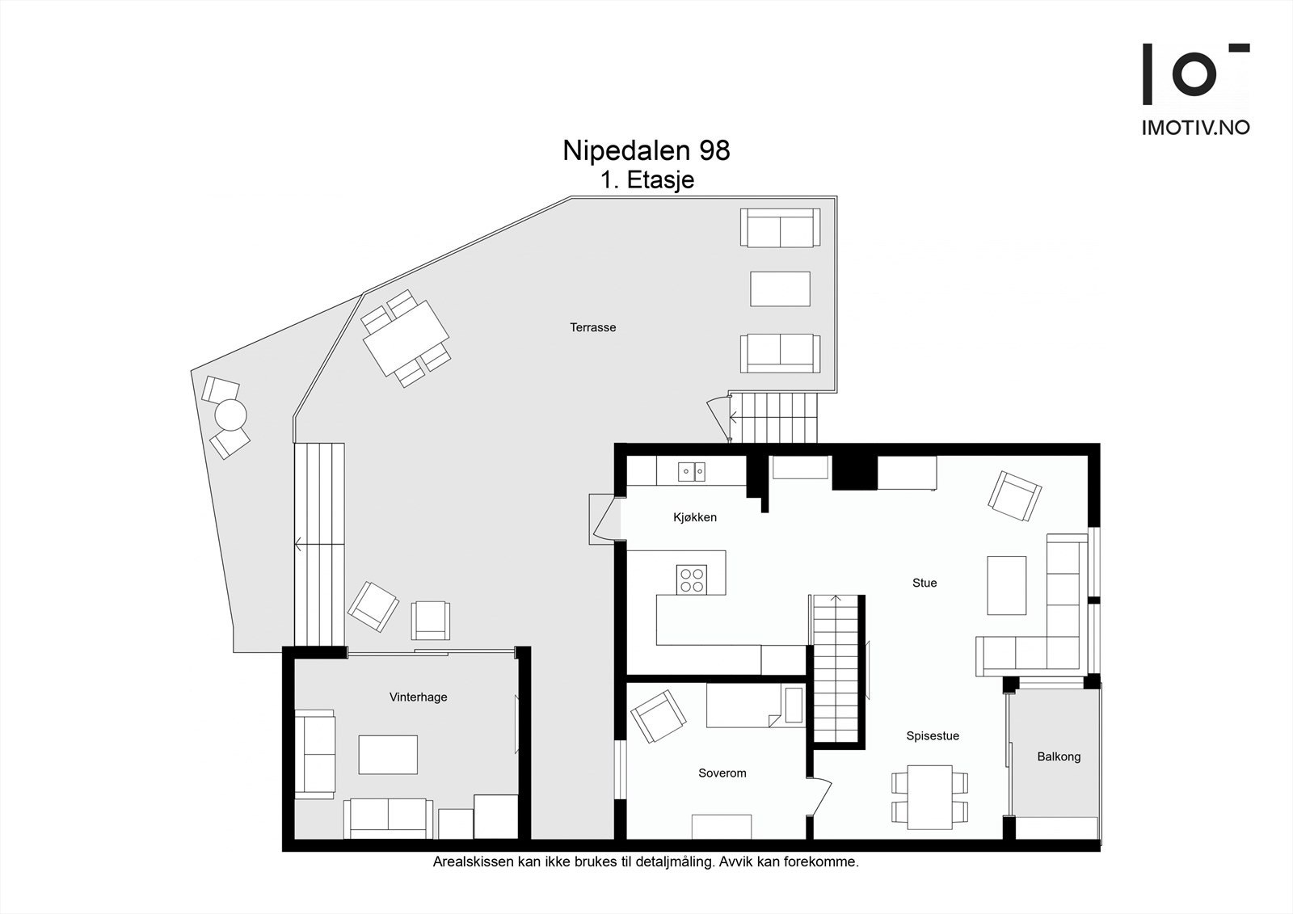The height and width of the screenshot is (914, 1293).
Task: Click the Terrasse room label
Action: click(x=592, y=327)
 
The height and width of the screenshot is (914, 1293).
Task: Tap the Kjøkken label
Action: click(x=694, y=517)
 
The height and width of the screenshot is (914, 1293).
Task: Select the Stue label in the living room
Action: click(x=924, y=583)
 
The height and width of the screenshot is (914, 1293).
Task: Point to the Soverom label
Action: click(x=722, y=773)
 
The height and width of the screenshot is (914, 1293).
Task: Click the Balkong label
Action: click(x=1058, y=757)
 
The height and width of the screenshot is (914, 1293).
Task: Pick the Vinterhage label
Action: click(x=418, y=697)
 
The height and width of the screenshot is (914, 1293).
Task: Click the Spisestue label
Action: click(x=932, y=736)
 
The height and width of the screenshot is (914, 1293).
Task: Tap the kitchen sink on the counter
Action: click(x=691, y=470)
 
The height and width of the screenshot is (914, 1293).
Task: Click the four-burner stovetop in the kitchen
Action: click(x=692, y=579)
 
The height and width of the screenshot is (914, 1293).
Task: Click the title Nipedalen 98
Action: click(x=646, y=150)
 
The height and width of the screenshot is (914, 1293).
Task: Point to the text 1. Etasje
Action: click(x=646, y=179)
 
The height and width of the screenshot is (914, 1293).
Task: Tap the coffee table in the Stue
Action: click(x=1006, y=585)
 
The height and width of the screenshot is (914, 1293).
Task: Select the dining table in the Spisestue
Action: click(x=929, y=797)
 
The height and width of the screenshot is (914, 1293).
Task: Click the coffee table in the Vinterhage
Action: click(x=388, y=754)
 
